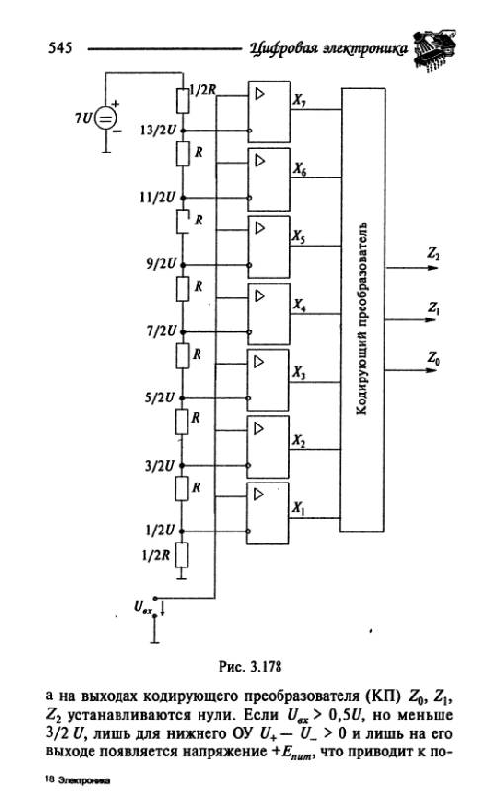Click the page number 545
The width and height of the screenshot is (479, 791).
click(x=60, y=47)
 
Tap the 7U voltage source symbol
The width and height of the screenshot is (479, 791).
click(x=106, y=119)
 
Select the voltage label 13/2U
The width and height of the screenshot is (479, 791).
click(x=158, y=131)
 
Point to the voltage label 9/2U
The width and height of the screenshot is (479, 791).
click(x=161, y=264)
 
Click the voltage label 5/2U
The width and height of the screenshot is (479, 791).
click(x=161, y=398)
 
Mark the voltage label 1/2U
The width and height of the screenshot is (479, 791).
click(x=161, y=530)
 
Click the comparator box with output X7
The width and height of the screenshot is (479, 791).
click(x=269, y=112)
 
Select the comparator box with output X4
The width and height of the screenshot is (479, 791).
click(x=269, y=313)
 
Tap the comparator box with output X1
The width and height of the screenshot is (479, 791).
click(x=268, y=513)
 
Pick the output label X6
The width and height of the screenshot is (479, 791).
click(x=299, y=169)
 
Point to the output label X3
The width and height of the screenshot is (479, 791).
click(x=299, y=373)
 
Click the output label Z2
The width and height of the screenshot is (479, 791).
click(x=433, y=254)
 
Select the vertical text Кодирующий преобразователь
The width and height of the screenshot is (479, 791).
click(x=362, y=318)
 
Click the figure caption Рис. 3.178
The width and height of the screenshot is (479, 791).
click(x=250, y=666)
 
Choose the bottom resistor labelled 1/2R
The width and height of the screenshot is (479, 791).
click(x=182, y=555)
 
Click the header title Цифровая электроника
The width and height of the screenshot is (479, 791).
click(x=329, y=48)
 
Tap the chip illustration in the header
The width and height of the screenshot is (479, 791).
click(x=435, y=49)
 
